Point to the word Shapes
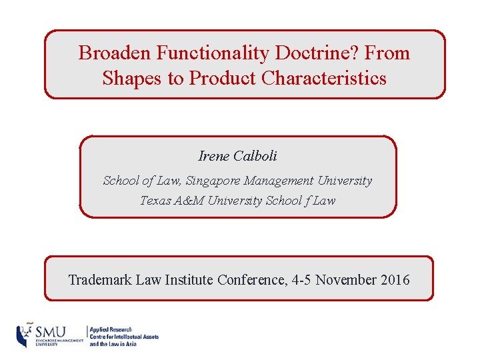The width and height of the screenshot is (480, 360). coord(132,78)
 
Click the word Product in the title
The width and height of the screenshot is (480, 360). coord(223,78)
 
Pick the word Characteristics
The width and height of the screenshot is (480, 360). coord(324,78)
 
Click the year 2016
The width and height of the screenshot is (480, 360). coord(396,279)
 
